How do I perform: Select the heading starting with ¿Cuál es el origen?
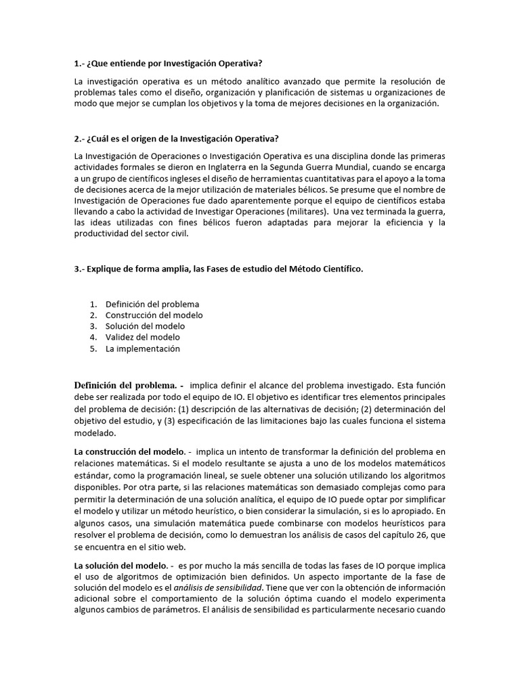coord(176,139)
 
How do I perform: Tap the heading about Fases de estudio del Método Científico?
coord(219,269)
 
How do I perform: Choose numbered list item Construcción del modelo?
coord(154,315)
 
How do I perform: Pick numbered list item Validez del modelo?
coord(142,337)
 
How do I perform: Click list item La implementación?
coord(142,349)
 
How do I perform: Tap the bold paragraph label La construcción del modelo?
coord(129,451)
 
